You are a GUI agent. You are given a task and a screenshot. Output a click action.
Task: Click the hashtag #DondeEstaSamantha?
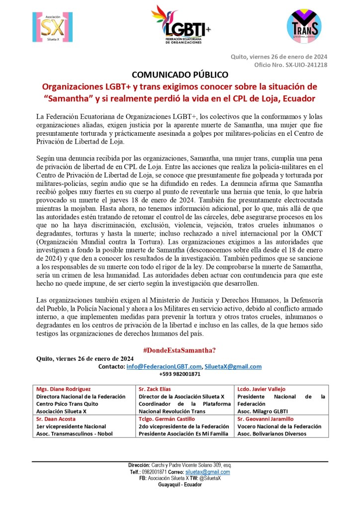pos(180,350)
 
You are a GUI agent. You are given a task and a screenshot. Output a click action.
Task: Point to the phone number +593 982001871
pos(180,374)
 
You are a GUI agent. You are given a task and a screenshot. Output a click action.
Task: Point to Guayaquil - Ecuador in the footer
pos(180,485)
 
